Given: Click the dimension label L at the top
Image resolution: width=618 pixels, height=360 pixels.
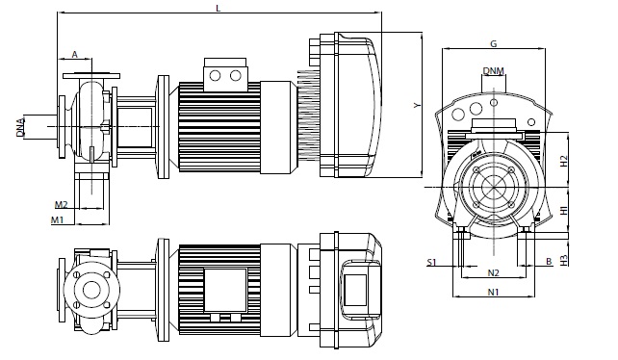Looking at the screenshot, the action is click(219, 9).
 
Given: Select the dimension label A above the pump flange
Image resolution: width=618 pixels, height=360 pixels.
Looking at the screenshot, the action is click(75, 55).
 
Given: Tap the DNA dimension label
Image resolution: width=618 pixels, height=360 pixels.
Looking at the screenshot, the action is click(20, 127).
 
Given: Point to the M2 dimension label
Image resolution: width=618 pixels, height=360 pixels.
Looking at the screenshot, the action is click(61, 205).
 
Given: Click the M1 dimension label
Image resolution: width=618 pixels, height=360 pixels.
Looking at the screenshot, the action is click(57, 220).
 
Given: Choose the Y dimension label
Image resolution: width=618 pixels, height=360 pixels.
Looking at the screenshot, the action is click(418, 105).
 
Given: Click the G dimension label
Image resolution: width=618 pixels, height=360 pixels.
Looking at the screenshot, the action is click(493, 43).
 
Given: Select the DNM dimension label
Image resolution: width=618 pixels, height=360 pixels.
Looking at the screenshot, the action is click(494, 71).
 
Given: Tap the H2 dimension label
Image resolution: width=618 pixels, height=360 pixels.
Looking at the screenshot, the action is click(564, 161).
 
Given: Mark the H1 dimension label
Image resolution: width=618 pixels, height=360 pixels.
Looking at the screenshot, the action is click(564, 210).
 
